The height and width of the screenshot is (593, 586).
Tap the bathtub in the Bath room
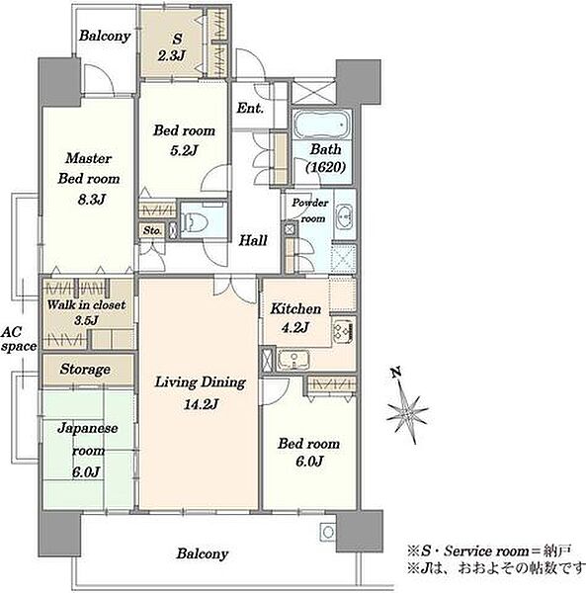322,125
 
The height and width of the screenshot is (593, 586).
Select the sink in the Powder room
344,216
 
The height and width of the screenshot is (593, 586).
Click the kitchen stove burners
343,330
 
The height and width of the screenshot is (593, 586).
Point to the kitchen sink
293,360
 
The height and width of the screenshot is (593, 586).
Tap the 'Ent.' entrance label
250,108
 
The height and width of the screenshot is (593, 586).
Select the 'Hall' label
253,240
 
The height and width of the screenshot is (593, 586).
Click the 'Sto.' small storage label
152,230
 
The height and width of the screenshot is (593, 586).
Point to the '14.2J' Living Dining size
201,404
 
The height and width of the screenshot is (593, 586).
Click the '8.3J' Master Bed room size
91,200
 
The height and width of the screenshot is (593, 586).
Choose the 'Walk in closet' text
86,304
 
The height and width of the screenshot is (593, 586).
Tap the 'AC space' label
18,339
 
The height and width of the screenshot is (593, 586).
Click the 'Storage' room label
85,369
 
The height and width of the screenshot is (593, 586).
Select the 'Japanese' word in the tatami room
87,429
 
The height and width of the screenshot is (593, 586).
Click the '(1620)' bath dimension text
325,167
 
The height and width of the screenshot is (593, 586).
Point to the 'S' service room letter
177,39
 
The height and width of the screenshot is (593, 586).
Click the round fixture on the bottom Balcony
328,532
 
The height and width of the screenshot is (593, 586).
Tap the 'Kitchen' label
295,308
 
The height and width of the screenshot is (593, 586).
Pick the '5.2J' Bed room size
184,150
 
